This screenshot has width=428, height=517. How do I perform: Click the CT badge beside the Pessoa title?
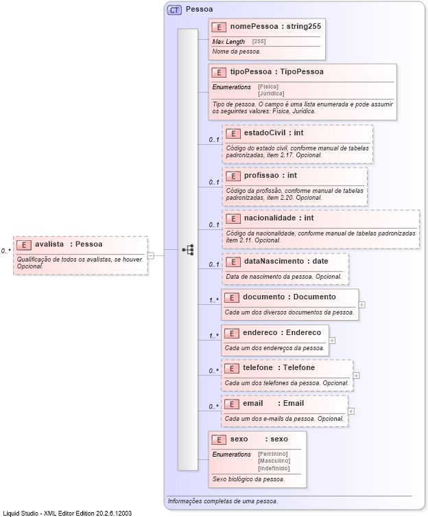[174, 10]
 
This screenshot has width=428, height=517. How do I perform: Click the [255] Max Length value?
[259, 42]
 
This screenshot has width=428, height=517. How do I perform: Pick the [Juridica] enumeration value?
[271, 93]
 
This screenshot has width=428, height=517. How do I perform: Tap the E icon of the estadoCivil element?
[233, 133]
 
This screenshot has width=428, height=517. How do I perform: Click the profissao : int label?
[271, 176]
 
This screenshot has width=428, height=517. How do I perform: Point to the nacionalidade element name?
[269, 218]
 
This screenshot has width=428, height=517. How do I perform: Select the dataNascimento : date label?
[286, 261]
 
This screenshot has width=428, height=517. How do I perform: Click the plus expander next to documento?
[361, 304]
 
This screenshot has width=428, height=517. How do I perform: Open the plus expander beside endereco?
[332, 339]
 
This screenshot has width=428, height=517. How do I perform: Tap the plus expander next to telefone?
[357, 376]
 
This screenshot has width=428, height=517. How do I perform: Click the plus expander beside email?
[351, 411]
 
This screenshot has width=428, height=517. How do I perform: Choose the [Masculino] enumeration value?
[274, 461]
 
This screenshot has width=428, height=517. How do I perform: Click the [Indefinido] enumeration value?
[274, 468]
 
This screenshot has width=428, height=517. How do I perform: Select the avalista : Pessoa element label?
[69, 244]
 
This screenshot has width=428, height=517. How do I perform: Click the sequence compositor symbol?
[188, 250]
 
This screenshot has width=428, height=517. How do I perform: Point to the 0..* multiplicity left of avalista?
[5, 251]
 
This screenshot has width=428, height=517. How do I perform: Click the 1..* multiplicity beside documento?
[214, 300]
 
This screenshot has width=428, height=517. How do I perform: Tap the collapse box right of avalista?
[151, 255]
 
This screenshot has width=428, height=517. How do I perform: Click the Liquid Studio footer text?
[67, 513]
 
